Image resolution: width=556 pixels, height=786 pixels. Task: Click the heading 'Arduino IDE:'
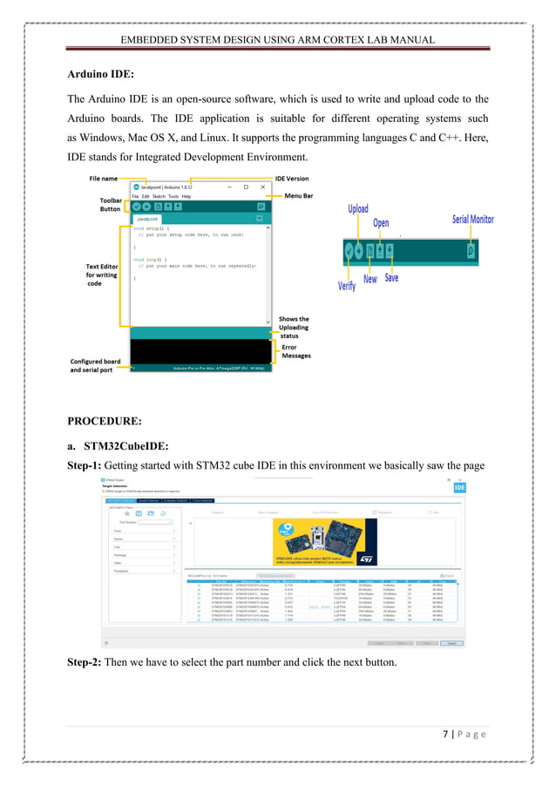[x=100, y=75]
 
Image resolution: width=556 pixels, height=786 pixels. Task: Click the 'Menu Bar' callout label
[x=301, y=196]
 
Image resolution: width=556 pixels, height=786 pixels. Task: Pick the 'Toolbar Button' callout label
[x=110, y=204]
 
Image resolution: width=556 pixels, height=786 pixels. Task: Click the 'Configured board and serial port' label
[x=95, y=365]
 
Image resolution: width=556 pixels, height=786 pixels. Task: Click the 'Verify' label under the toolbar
[x=347, y=284]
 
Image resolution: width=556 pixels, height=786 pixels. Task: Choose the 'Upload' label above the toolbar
[x=358, y=209]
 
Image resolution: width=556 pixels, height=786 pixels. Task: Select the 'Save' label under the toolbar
[x=391, y=278]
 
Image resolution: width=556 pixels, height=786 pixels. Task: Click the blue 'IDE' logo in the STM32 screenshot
[x=459, y=488]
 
